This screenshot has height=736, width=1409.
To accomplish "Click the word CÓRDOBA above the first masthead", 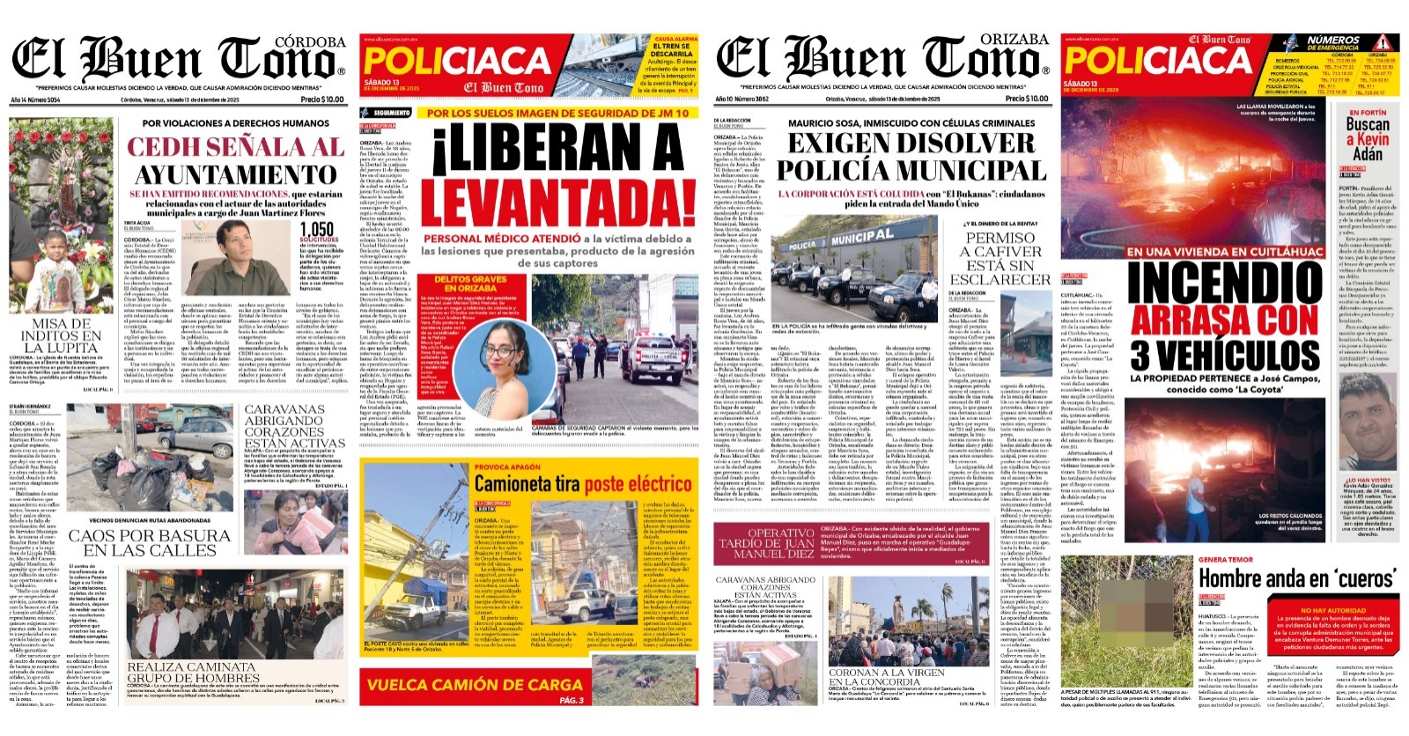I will [x=310, y=42].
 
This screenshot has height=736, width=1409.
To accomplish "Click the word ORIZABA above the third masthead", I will [x=1017, y=40].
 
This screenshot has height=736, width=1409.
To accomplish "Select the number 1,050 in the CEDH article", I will [x=317, y=230].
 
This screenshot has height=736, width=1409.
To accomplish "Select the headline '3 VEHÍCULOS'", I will [x=1225, y=355].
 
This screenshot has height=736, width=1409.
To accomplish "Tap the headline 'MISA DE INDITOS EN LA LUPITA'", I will [x=62, y=335].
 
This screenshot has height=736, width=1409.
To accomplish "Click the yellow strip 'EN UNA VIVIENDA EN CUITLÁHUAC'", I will [x=1225, y=252].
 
